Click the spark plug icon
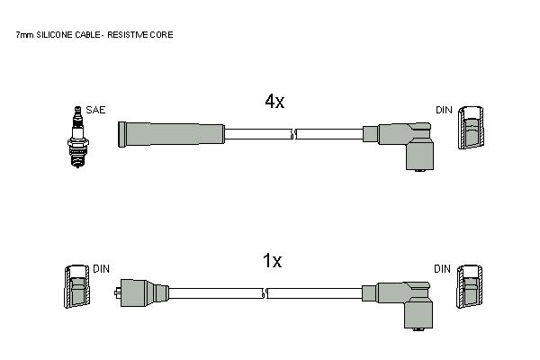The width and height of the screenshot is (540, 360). [77, 137]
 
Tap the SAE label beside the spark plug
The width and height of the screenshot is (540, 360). [95, 110]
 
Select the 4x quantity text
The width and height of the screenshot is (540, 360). [274, 102]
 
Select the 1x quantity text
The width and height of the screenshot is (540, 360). [272, 261]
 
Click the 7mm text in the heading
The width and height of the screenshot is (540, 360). [25, 35]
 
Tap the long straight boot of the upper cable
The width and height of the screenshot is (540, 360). [171, 134]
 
